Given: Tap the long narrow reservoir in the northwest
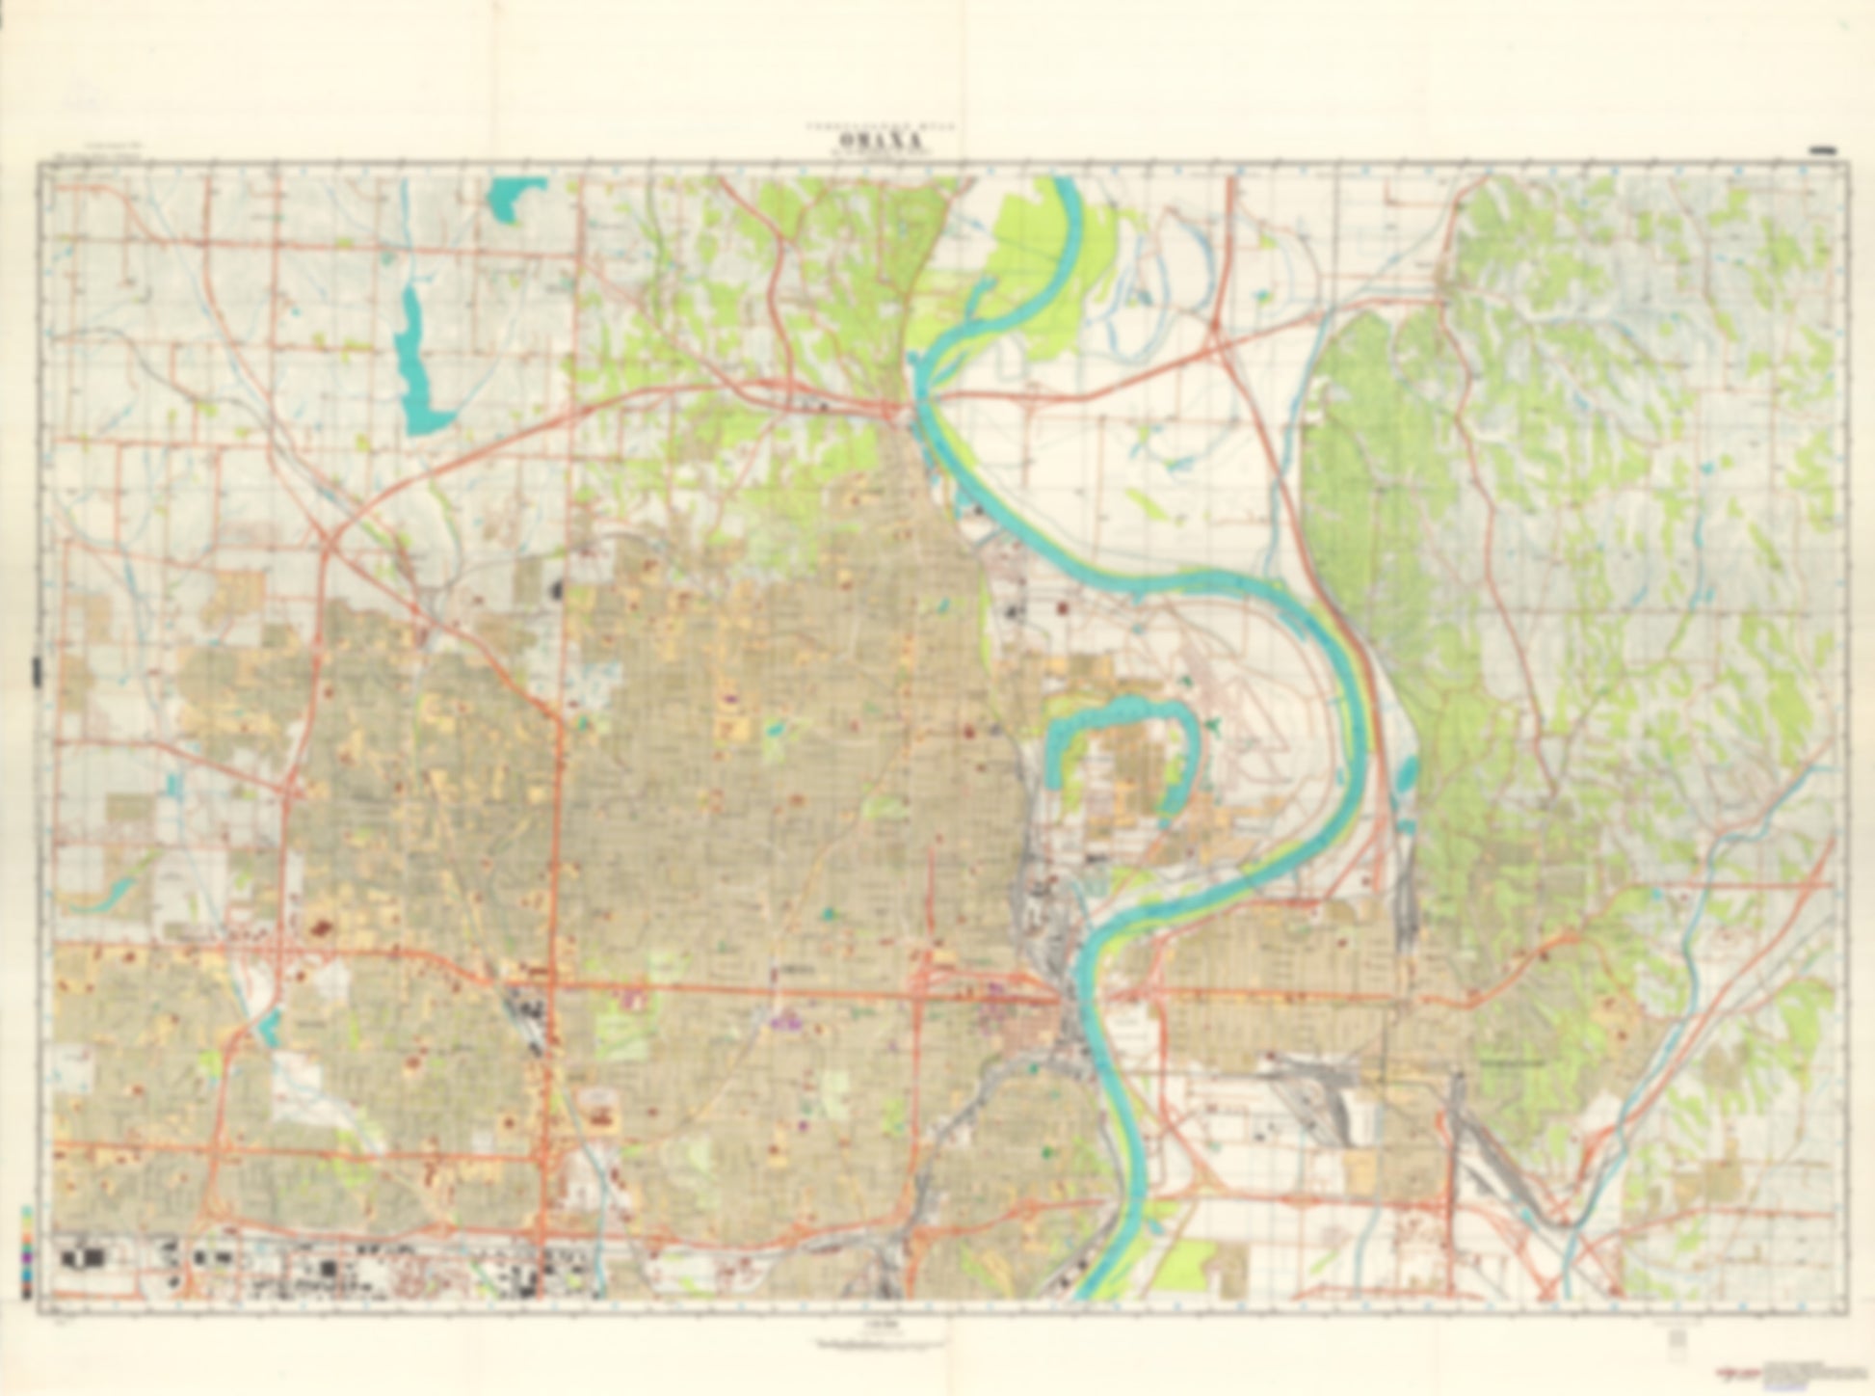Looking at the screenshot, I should click(x=416, y=362).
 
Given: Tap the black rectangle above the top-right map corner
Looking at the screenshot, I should click(x=1823, y=150).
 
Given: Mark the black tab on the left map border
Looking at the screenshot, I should click(x=36, y=670).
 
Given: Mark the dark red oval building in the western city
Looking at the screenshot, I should click(x=320, y=928).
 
